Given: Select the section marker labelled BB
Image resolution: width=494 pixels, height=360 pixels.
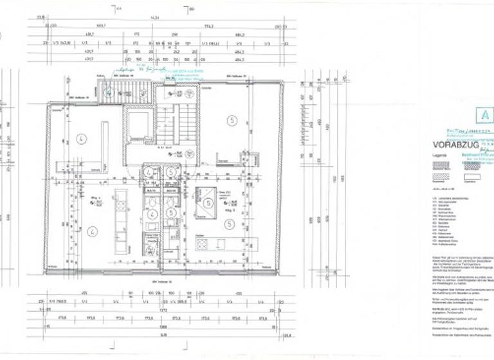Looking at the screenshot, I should click(192, 10).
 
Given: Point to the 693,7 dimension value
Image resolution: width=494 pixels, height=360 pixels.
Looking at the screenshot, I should click(100, 26).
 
